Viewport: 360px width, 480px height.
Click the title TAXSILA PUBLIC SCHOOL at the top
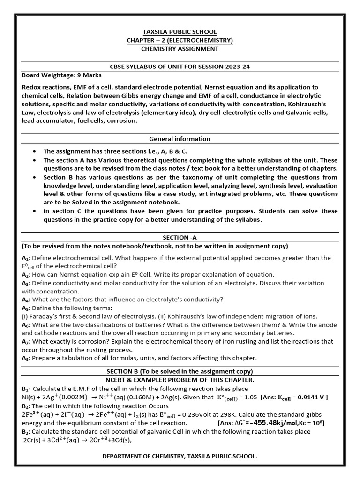tap(180, 32)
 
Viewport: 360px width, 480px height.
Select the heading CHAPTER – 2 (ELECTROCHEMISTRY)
tap(180, 40)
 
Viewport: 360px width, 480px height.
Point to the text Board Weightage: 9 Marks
tap(62, 75)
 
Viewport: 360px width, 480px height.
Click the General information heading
tap(180, 139)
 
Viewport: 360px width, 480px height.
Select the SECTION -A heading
tap(180, 237)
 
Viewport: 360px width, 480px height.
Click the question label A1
tap(25, 258)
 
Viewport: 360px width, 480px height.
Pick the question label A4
tap(25, 300)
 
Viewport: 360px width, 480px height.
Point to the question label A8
tap(25, 358)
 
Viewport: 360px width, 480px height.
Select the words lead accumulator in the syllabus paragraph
tap(46, 120)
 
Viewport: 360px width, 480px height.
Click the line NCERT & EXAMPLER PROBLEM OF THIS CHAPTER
tap(180, 379)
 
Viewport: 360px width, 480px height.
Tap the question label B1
tap(26, 389)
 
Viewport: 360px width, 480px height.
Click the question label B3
tap(26, 431)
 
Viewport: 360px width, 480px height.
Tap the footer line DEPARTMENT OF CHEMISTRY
tap(180, 456)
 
